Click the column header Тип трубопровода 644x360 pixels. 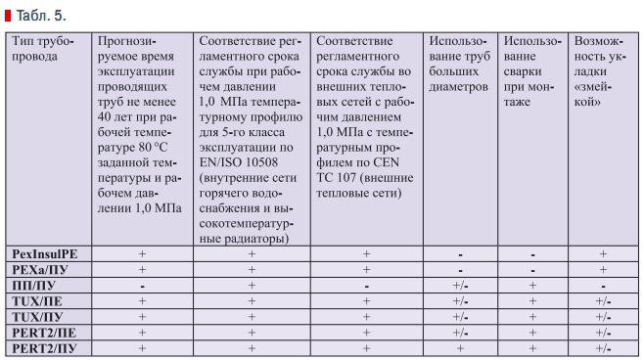[40, 48]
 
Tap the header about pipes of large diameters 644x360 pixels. [461, 64]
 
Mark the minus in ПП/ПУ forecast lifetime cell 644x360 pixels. [143, 285]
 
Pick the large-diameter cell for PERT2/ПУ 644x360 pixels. [461, 347]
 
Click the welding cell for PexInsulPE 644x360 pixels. [531, 253]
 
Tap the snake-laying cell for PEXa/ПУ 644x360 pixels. [603, 269]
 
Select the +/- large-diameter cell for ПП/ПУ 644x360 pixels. [461, 285]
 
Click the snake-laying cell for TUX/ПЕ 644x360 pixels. [603, 300]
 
